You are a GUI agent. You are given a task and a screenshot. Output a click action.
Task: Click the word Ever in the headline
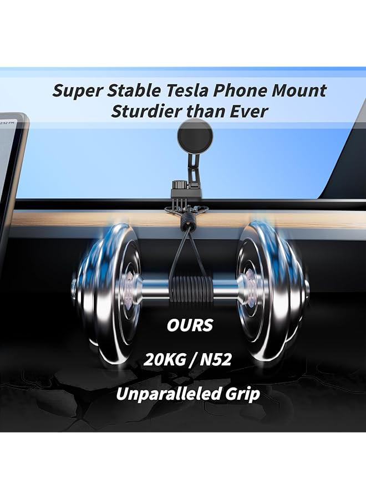coord(249,111)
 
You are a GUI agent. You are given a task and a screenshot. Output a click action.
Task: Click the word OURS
coord(190,325)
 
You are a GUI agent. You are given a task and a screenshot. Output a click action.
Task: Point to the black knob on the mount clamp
coord(179,185)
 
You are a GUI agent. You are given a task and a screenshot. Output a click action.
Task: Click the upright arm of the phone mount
coord(191,164)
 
